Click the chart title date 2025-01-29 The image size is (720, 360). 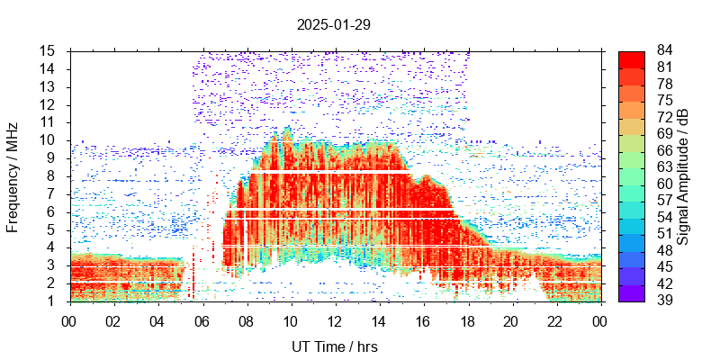point(333,24)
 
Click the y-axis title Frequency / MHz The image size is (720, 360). point(13,176)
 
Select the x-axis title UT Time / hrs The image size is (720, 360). point(334,346)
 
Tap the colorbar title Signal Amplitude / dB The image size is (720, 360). point(683,176)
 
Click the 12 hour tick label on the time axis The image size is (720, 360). point(334,320)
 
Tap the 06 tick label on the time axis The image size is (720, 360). point(202,320)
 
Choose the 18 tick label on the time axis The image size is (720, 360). point(467,320)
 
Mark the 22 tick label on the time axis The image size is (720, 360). point(555,320)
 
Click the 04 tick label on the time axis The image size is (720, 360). point(157,320)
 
